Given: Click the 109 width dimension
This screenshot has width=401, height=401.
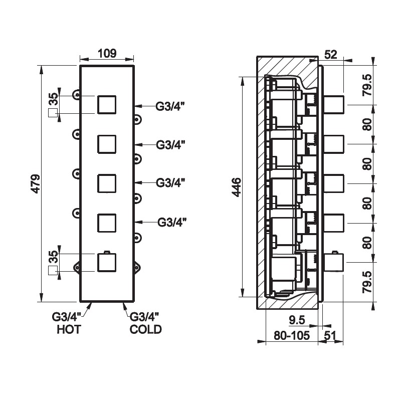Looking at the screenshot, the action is (x=107, y=54).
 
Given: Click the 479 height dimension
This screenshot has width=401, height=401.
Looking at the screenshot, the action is (x=35, y=183).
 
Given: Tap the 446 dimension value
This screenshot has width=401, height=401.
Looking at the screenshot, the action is (x=237, y=187).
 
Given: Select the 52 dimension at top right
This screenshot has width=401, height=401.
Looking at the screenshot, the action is (x=331, y=55).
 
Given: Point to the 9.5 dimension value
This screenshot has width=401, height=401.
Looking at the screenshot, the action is (x=297, y=320).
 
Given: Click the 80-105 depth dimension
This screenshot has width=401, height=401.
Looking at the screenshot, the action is (x=292, y=335).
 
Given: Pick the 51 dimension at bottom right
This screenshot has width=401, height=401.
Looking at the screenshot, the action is (x=330, y=335).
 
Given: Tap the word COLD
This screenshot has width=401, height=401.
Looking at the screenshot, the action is (x=145, y=329).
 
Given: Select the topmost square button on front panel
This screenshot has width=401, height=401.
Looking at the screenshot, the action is (x=107, y=105).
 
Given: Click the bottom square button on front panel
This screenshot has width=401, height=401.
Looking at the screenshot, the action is (x=107, y=263).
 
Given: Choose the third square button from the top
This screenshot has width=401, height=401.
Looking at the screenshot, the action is (x=107, y=183).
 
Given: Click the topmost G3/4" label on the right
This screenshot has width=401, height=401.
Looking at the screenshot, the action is (x=170, y=106).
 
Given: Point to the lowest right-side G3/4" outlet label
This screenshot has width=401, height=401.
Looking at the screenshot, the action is (x=172, y=222).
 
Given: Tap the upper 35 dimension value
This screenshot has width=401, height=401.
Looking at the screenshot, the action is (x=54, y=99).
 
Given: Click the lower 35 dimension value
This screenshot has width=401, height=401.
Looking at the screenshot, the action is (x=54, y=257).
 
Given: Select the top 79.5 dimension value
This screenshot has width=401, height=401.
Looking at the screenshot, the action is (x=367, y=85).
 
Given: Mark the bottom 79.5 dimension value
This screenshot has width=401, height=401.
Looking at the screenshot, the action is (x=367, y=282).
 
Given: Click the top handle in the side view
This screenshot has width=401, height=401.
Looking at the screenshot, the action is (x=334, y=105).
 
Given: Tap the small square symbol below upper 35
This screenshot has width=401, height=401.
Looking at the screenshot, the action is (x=53, y=113).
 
